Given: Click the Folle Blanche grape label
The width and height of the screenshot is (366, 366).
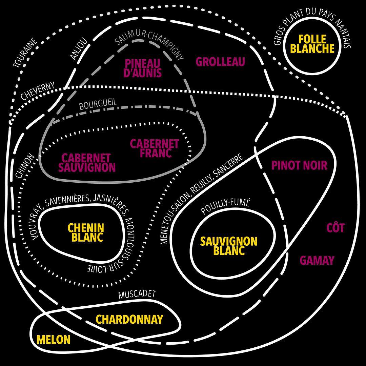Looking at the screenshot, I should tap(312, 44).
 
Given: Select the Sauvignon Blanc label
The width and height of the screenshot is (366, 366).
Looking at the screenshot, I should tap(229, 246).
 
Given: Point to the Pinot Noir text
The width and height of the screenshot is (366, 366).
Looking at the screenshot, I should tap(299, 165).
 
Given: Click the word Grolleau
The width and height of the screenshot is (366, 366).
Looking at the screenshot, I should tap(220, 62).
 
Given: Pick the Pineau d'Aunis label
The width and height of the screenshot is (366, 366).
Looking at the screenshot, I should tap(143, 68).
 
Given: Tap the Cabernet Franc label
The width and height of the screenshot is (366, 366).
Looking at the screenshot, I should tap(155, 148).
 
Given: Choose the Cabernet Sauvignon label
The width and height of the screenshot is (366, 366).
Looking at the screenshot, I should tap(87, 163).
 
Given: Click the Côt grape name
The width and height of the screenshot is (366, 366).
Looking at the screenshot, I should tap(335, 228).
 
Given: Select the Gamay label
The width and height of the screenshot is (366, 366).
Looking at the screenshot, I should tap(317, 260).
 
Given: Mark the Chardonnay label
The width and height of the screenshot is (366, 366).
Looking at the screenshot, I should tap(129, 319).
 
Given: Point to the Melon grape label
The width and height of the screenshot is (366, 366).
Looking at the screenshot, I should tap(53, 340).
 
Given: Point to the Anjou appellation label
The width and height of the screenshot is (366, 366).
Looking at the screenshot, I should tap(79, 49).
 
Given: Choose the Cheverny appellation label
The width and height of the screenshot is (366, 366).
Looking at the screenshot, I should tap(38, 91).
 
